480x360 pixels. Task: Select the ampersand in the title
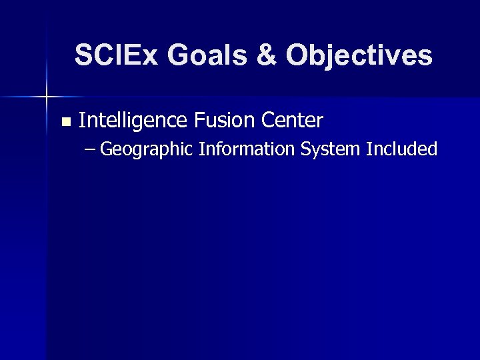[x=266, y=55]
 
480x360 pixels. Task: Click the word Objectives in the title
[x=360, y=55]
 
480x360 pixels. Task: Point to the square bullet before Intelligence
[x=65, y=122]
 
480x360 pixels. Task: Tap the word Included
[x=402, y=149]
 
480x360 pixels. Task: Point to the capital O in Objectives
[x=298, y=55]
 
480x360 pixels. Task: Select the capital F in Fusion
[x=200, y=121]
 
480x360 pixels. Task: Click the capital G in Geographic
[x=109, y=149]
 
